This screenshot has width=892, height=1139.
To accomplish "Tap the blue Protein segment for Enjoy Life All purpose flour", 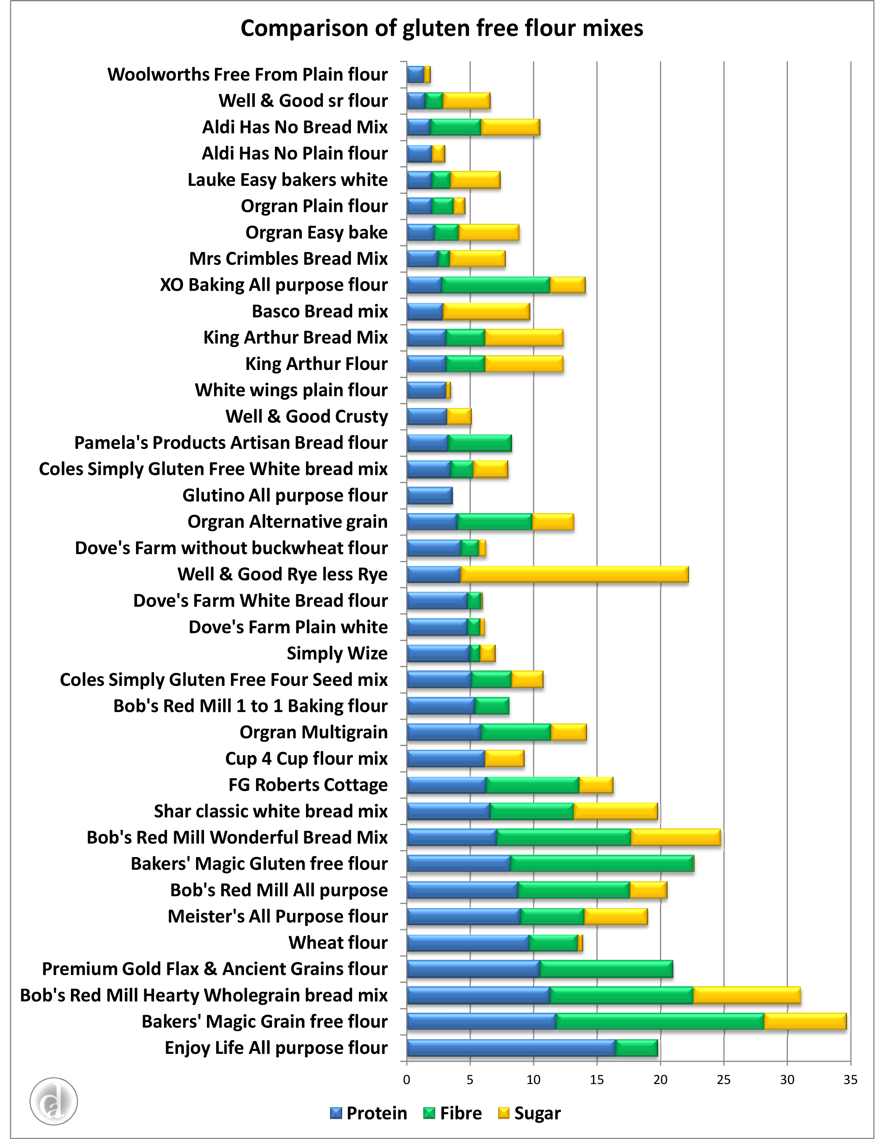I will coord(511,1048).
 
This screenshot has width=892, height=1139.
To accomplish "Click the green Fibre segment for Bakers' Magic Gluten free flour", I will coord(602,863).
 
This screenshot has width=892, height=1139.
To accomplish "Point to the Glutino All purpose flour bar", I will coord(429,495).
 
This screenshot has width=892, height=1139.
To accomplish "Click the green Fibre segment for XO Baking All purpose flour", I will coord(495,285).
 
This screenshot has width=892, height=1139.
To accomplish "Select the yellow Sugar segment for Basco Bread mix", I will coord(486,312).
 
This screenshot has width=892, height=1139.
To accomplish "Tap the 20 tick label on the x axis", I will coord(660,1080).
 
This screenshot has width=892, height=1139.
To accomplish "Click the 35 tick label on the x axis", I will coord(850,1080).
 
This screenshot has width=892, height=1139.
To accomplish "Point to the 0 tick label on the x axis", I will coord(407,1080).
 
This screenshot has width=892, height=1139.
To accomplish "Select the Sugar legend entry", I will coord(530,1113).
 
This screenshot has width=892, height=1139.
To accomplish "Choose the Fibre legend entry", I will coord(452,1113).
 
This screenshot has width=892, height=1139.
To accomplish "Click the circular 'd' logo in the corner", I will coord(54,1101).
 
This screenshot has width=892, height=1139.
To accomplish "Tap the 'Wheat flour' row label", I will coord(338,943).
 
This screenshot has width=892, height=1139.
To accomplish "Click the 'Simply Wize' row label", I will coord(337,653).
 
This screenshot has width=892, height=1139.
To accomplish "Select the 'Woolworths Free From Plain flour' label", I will coord(248,75).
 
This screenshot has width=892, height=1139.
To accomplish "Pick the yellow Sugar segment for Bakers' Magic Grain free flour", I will coord(805,1022).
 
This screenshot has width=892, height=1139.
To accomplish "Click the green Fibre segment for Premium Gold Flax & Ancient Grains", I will coord(606,969).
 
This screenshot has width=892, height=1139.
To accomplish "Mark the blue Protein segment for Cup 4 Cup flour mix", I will coord(445,758).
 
